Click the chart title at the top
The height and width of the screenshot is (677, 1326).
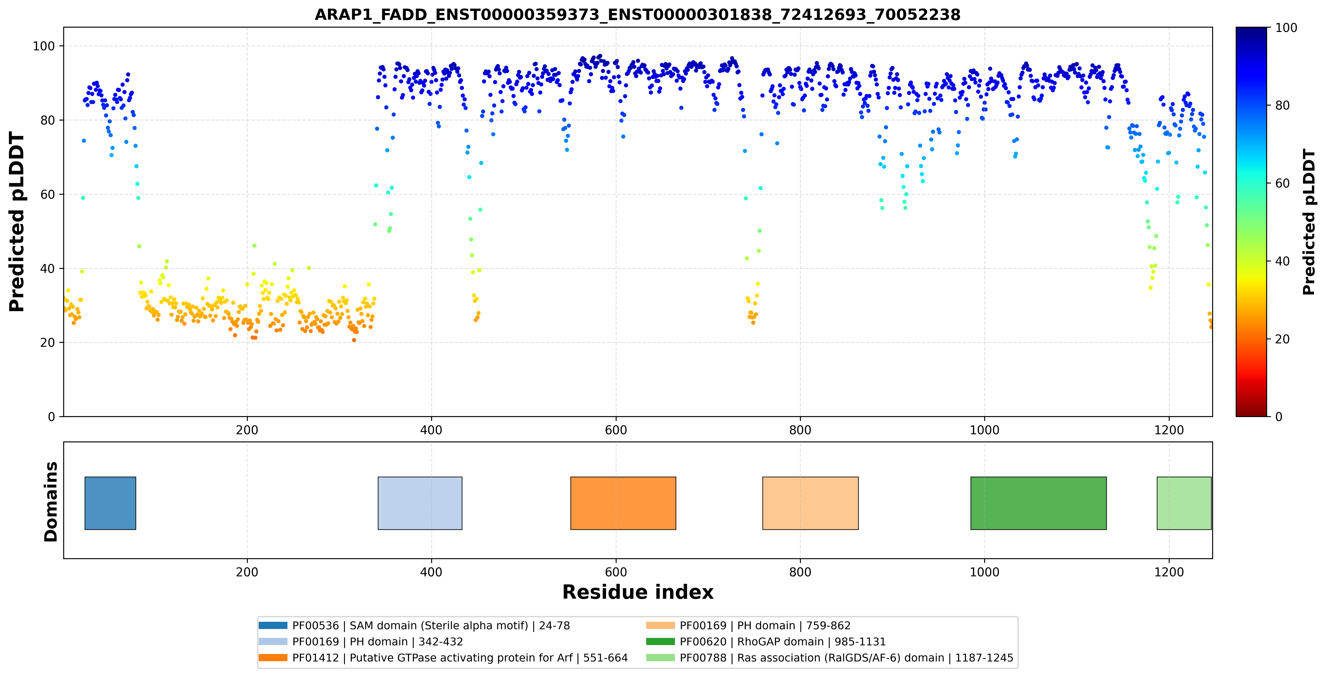[637, 14]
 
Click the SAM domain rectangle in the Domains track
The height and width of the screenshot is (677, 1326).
[110, 503]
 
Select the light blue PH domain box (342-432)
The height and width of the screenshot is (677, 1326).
[420, 503]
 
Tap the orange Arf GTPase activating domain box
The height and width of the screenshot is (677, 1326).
[623, 503]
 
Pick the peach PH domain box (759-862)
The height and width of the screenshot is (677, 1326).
[810, 503]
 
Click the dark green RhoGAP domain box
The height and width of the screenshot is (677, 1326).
[1038, 503]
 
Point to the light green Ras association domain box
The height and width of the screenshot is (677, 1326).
[1184, 503]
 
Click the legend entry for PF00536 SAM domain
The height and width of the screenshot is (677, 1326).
[415, 626]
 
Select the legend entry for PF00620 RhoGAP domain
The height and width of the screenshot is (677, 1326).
[766, 641]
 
